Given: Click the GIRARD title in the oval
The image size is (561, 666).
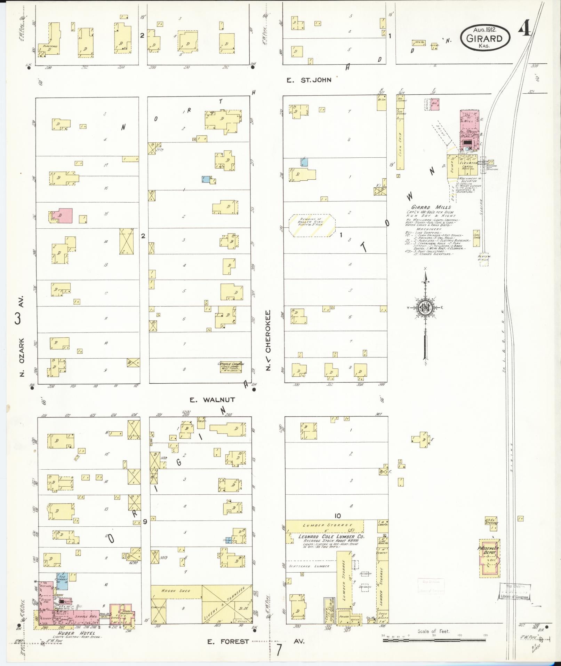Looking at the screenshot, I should tap(484, 38).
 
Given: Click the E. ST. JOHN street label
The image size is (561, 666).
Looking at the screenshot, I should tap(308, 80).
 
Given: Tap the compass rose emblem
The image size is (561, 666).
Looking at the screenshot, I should tap(425, 307).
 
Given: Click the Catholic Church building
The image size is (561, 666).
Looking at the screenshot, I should tap(231, 367).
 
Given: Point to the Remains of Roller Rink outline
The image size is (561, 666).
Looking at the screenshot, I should tap(312, 226).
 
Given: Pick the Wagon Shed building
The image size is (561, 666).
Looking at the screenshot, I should tap(176, 591).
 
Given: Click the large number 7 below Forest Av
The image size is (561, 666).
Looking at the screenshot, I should tap(279, 650).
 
